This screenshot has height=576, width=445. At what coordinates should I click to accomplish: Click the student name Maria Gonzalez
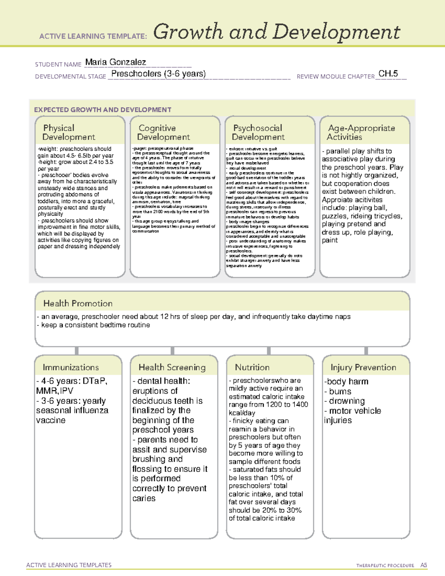tap(115, 62)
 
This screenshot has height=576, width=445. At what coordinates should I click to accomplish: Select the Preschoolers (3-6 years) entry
tap(158, 74)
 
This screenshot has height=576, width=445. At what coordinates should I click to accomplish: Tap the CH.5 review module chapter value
tap(388, 74)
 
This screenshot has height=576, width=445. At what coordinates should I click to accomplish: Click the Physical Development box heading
tap(69, 132)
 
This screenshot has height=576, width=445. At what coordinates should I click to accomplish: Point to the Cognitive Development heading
tap(163, 132)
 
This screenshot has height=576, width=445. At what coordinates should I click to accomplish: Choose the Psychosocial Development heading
tap(258, 132)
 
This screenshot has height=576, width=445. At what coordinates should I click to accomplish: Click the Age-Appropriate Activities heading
tap(361, 132)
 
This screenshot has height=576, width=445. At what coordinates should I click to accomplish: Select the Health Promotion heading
tap(78, 303)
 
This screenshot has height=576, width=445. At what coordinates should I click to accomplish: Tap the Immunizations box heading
tap(71, 367)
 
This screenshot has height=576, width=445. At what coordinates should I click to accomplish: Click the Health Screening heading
tap(172, 367)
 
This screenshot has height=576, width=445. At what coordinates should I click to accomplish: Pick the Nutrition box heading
tap(252, 367)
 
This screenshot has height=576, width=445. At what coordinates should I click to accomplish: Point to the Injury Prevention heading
tap(363, 367)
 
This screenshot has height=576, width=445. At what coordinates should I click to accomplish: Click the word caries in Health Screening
tap(144, 498)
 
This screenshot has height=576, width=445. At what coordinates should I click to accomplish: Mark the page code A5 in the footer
tap(423, 565)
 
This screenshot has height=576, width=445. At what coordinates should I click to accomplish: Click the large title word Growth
tap(189, 32)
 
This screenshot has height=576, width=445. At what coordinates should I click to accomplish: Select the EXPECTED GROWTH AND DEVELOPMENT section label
tap(103, 110)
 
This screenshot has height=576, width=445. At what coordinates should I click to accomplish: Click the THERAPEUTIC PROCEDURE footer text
tap(385, 566)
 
